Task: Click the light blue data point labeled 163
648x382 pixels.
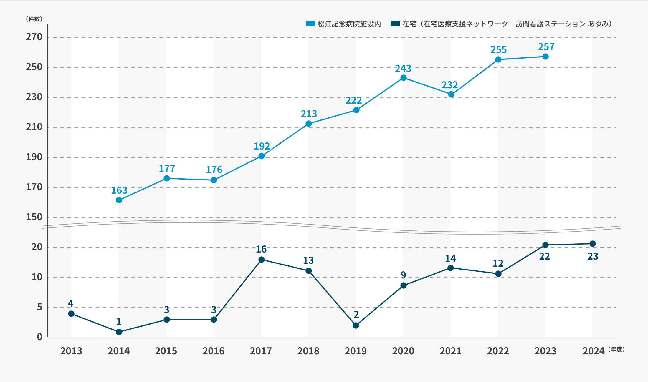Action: coord(119,200)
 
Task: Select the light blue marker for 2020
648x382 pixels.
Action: coord(404,78)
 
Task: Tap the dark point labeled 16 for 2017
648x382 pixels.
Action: coord(261,260)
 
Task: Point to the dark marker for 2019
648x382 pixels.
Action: coord(356,325)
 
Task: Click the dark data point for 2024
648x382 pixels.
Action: coord(593,244)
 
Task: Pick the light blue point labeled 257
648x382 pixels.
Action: coord(545,57)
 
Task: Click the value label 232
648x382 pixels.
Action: coord(449,85)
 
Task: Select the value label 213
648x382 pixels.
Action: coord(309,114)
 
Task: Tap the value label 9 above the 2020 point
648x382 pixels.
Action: coord(403,275)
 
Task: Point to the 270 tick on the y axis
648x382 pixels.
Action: coord(34,37)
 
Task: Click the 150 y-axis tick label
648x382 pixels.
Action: coord(34,217)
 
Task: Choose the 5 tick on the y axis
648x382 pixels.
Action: coord(39,307)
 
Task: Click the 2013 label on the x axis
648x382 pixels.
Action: coord(71,351)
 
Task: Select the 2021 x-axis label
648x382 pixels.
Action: coord(450,351)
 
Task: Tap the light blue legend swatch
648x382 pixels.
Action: coord(310,24)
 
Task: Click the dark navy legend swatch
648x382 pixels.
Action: coord(395,24)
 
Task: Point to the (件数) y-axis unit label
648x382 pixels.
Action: coord(34,19)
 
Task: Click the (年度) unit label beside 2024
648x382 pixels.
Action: coord(616,349)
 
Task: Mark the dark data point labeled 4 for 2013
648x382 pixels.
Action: coord(71,314)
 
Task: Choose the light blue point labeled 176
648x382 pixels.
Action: coord(214,180)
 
